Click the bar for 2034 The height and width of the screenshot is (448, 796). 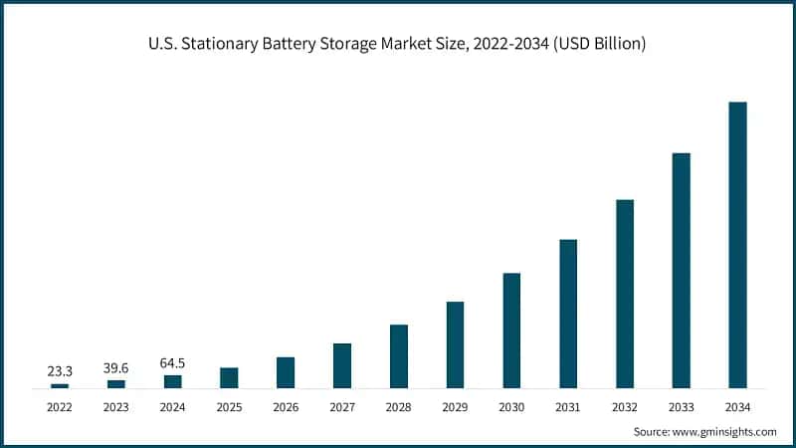click(x=737, y=244)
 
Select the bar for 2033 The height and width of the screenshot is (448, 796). click(x=681, y=270)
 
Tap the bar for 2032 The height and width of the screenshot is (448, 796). click(x=624, y=293)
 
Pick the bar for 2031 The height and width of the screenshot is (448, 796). click(x=568, y=313)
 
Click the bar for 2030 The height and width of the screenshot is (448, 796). click(x=511, y=330)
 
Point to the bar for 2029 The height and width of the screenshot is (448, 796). click(x=455, y=344)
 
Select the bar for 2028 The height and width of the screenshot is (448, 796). click(x=399, y=355)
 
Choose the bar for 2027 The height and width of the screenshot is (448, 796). click(x=342, y=365)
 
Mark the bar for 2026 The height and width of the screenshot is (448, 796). click(x=286, y=372)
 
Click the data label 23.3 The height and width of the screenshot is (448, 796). click(x=60, y=370)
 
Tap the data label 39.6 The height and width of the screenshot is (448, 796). click(x=116, y=367)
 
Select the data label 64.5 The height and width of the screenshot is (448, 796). click(x=173, y=362)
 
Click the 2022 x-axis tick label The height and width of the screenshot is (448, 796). click(x=60, y=407)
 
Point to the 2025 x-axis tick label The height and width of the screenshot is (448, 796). click(x=229, y=407)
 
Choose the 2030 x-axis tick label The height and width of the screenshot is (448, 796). click(x=511, y=407)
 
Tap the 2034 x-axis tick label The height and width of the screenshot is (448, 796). click(x=737, y=407)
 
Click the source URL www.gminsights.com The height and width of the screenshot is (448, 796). click(x=726, y=432)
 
